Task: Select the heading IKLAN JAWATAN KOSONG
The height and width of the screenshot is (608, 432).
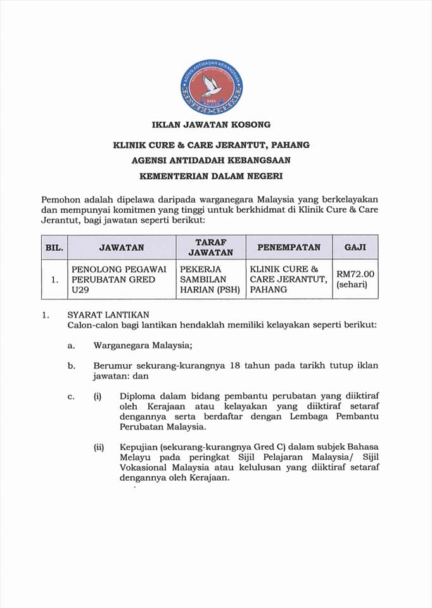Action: point(211,124)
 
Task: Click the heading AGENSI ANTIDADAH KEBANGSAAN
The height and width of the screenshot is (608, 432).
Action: point(211,161)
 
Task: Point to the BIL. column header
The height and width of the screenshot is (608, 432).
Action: point(54,247)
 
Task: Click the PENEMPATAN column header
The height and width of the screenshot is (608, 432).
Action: point(288,247)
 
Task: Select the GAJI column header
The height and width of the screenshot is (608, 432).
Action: point(355,247)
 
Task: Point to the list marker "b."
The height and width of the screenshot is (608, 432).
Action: point(72,365)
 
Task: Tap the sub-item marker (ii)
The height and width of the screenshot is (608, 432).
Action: point(99,447)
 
